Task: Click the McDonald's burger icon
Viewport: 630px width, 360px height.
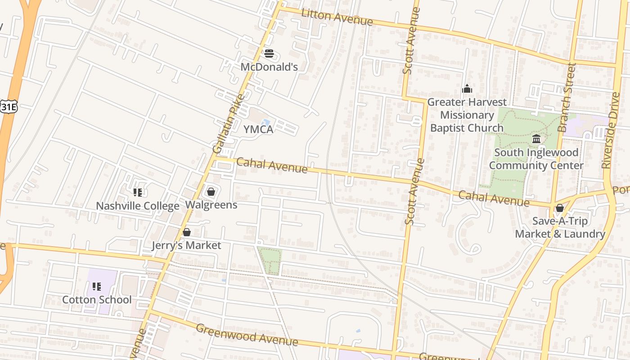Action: pyautogui.click(x=269, y=54)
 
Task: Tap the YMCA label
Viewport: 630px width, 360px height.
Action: pyautogui.click(x=258, y=130)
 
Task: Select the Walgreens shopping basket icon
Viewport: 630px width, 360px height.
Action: pyautogui.click(x=211, y=192)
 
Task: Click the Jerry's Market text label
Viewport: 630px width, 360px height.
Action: pyautogui.click(x=186, y=245)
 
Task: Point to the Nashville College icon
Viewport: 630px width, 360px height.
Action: pyautogui.click(x=138, y=193)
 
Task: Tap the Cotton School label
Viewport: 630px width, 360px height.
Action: pyautogui.click(x=97, y=300)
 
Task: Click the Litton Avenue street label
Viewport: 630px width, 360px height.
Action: pyautogui.click(x=337, y=17)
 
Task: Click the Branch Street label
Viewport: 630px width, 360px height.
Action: pyautogui.click(x=567, y=98)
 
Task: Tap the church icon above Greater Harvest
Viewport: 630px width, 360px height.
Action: pyautogui.click(x=467, y=89)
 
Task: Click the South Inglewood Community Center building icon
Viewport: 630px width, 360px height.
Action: pyautogui.click(x=536, y=139)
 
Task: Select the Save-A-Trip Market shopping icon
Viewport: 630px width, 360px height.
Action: pyautogui.click(x=560, y=208)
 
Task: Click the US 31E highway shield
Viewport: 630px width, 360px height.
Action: pyautogui.click(x=8, y=107)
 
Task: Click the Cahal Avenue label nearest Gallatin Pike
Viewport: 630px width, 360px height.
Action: pyautogui.click(x=272, y=165)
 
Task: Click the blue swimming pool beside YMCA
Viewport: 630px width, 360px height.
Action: pyautogui.click(x=266, y=122)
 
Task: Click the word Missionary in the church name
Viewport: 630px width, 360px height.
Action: pyautogui.click(x=467, y=115)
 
